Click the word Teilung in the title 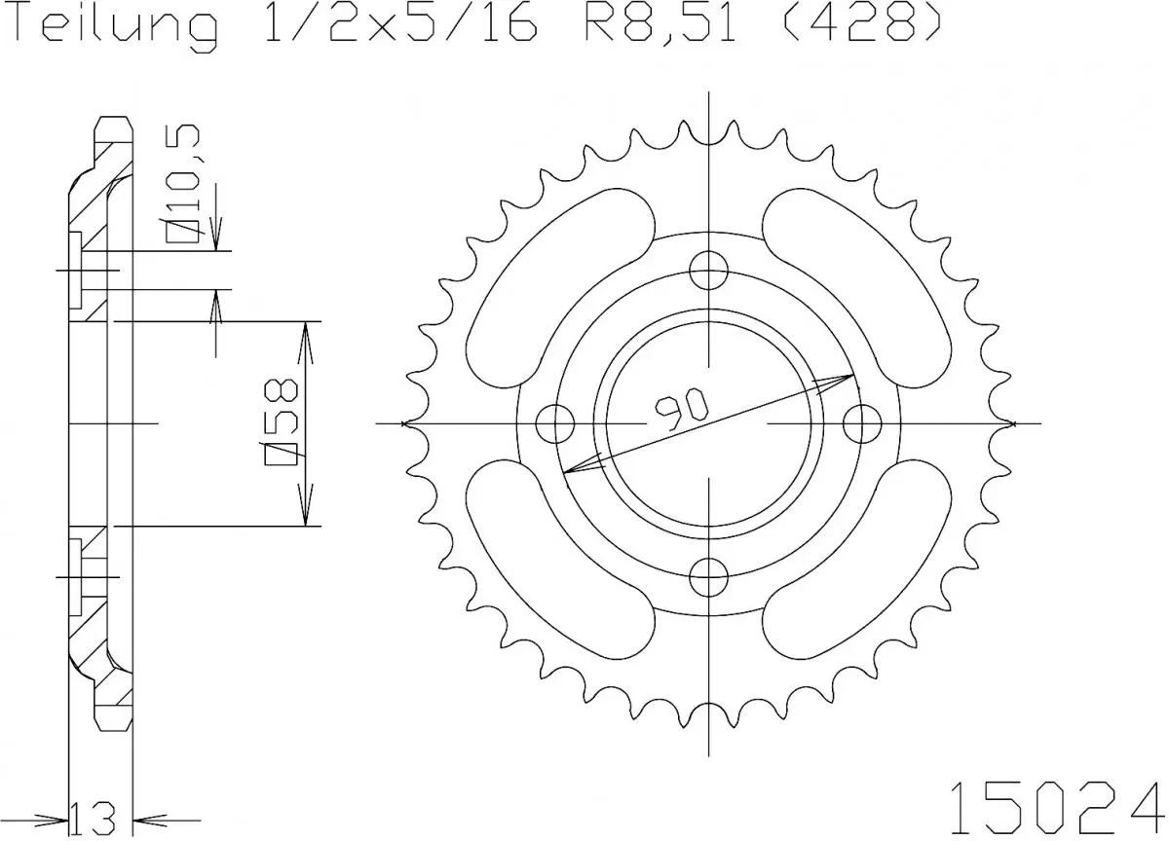tap(114, 26)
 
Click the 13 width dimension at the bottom tap(101, 814)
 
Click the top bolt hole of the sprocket tap(709, 269)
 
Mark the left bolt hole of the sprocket tap(556, 423)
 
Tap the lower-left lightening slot tap(556, 564)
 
